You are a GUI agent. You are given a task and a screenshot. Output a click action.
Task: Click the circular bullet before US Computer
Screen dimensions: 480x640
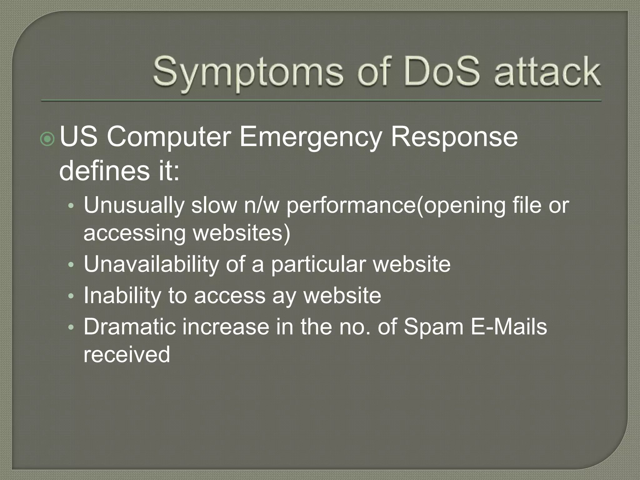click(x=47, y=139)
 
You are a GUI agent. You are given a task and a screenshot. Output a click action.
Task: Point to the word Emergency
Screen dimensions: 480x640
click(x=311, y=137)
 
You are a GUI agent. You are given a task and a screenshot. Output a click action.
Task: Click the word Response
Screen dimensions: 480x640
click(x=454, y=137)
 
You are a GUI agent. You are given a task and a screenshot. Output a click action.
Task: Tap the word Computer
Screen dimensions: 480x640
click(x=169, y=137)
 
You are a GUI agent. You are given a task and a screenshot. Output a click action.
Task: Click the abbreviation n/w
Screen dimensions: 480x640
click(x=261, y=206)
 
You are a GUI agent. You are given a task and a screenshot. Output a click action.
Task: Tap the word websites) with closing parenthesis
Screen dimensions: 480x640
click(x=242, y=233)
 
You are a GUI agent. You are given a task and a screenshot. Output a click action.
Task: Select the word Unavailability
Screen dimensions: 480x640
click(x=151, y=264)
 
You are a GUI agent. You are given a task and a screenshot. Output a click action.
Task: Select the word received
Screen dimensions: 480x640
click(x=127, y=354)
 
